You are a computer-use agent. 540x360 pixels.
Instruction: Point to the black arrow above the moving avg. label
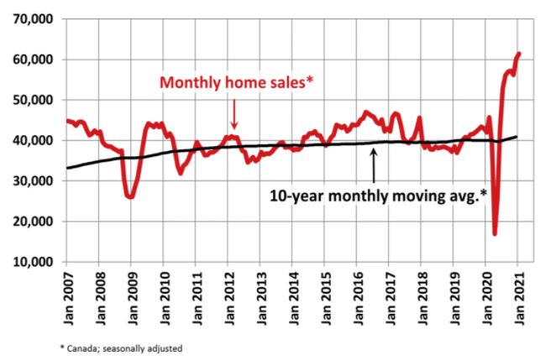tap(373, 171)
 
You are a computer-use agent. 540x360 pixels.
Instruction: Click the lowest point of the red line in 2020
tap(495, 233)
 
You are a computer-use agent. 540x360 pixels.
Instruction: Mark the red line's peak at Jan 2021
tap(518, 54)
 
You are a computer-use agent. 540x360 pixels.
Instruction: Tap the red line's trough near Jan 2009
tap(130, 196)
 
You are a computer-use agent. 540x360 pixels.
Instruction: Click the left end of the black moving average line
tap(69, 168)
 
